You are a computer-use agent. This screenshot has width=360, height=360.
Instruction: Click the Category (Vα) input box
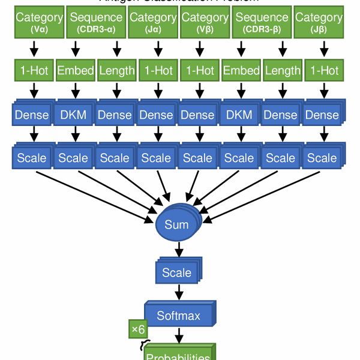[x=39, y=22]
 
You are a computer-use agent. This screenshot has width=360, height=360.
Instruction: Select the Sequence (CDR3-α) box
[x=96, y=22]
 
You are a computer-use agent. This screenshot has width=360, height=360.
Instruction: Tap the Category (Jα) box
[x=153, y=22]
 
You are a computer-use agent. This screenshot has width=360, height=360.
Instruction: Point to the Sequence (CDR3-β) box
[x=262, y=22]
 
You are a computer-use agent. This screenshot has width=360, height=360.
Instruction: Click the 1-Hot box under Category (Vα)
[x=34, y=71]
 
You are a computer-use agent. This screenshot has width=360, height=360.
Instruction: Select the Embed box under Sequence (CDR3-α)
[x=76, y=71]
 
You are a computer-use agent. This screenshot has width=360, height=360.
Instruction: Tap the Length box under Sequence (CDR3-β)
[x=282, y=71]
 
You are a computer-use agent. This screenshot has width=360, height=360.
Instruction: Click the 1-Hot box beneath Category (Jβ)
[x=324, y=71]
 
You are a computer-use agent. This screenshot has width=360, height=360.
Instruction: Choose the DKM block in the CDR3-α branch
[x=73, y=115]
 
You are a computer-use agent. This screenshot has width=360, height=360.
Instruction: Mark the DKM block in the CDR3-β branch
[x=239, y=115]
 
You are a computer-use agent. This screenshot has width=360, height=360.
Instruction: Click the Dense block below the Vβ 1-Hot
[x=197, y=115]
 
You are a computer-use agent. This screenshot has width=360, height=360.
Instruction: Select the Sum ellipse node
[x=177, y=225]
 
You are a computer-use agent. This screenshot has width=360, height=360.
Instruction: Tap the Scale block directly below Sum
[x=177, y=273]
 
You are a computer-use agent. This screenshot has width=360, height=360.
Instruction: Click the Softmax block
[x=178, y=315]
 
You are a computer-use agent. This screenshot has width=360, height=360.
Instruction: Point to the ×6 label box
[x=138, y=329]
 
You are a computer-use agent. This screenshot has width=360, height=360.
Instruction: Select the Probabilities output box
[x=178, y=354]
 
